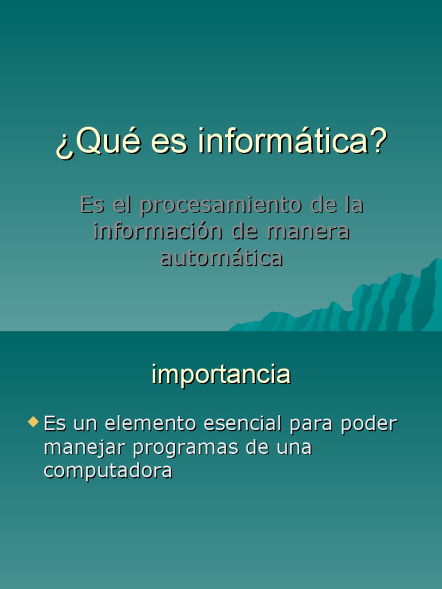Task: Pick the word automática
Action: (x=222, y=258)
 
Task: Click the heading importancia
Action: (x=221, y=375)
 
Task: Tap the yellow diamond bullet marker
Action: (x=33, y=423)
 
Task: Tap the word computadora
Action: (x=108, y=471)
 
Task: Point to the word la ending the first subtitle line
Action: (x=353, y=205)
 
